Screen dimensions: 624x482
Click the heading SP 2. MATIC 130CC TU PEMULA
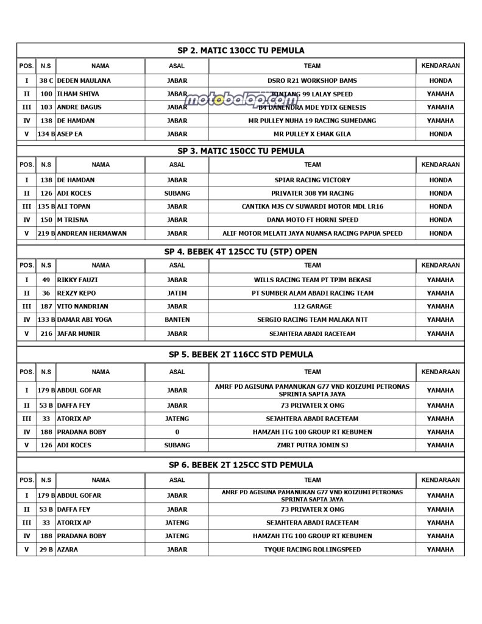tap(241, 51)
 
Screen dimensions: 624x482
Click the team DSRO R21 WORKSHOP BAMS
tap(312, 80)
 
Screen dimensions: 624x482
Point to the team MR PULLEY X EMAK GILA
tap(312, 134)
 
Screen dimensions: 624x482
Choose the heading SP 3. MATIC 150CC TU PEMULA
tap(241, 151)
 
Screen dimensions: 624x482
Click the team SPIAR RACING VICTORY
tap(312, 180)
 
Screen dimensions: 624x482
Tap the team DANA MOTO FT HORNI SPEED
tap(312, 220)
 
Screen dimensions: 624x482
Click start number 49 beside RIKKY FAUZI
tap(46, 280)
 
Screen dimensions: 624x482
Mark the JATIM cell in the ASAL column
tap(177, 293)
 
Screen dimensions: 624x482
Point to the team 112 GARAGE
tap(312, 307)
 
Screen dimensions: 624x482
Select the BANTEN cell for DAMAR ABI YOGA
tap(177, 320)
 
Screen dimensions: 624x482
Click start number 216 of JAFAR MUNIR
tap(46, 334)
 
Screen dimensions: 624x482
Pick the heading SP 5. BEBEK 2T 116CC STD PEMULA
tap(241, 355)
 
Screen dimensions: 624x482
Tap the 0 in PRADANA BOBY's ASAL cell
tap(177, 432)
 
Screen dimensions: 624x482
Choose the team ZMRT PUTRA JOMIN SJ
tap(312, 445)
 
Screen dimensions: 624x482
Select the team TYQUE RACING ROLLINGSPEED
tap(312, 550)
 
